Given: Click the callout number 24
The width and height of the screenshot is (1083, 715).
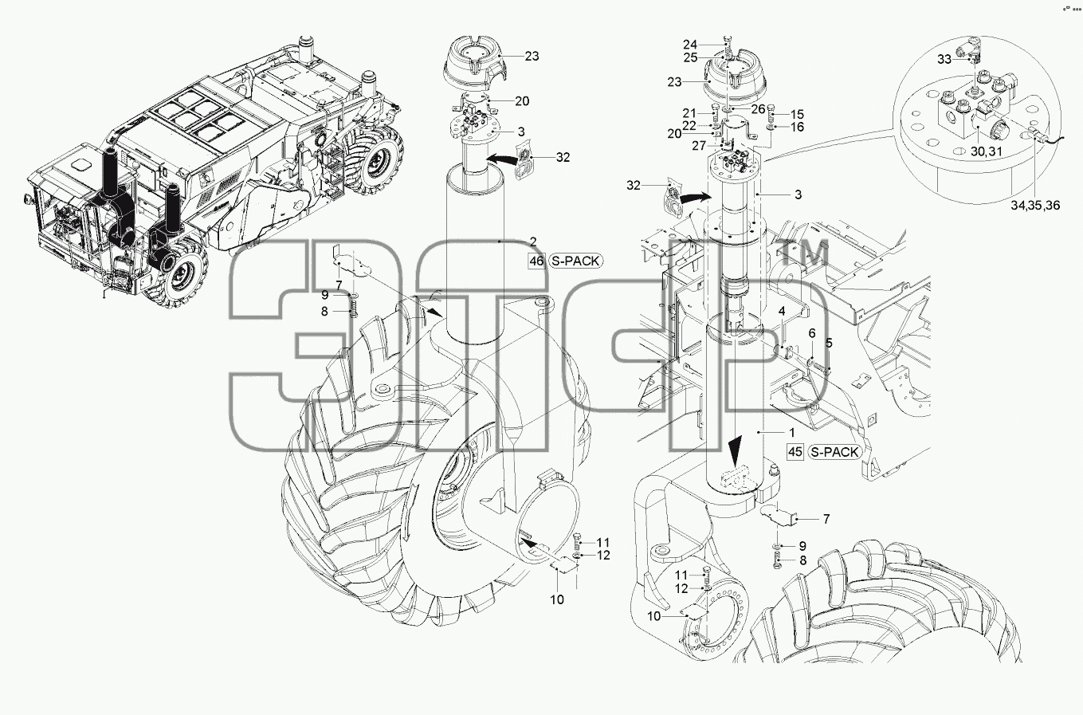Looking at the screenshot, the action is [x=690, y=45].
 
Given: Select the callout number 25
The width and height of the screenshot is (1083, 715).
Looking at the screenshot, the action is [x=691, y=57].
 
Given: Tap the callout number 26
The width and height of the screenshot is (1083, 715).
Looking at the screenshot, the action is [x=758, y=110].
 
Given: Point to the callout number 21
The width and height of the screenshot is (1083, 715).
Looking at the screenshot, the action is [x=689, y=113].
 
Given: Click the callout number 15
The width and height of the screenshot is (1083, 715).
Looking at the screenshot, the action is [x=797, y=114].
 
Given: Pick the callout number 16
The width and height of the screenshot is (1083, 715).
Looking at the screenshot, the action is [x=797, y=127].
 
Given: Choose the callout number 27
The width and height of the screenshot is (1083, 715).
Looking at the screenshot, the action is [x=699, y=145].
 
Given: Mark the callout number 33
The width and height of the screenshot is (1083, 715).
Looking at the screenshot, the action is [x=944, y=59].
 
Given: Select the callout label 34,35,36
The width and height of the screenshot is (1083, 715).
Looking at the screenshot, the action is [x=1035, y=205].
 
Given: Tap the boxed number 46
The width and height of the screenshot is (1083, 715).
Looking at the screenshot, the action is [x=536, y=261].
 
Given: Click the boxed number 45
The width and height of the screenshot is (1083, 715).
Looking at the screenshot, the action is [x=795, y=452].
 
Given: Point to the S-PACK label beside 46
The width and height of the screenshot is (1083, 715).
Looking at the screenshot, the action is [x=576, y=261].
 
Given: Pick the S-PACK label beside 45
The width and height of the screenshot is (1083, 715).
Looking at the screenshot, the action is [x=835, y=452].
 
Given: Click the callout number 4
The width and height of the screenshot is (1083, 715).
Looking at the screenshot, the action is [x=782, y=311].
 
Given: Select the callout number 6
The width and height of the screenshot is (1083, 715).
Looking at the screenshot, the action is [x=812, y=333].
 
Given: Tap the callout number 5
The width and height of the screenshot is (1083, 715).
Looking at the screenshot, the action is [x=829, y=343].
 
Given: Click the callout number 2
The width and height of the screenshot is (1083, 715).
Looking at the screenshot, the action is [x=533, y=242].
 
